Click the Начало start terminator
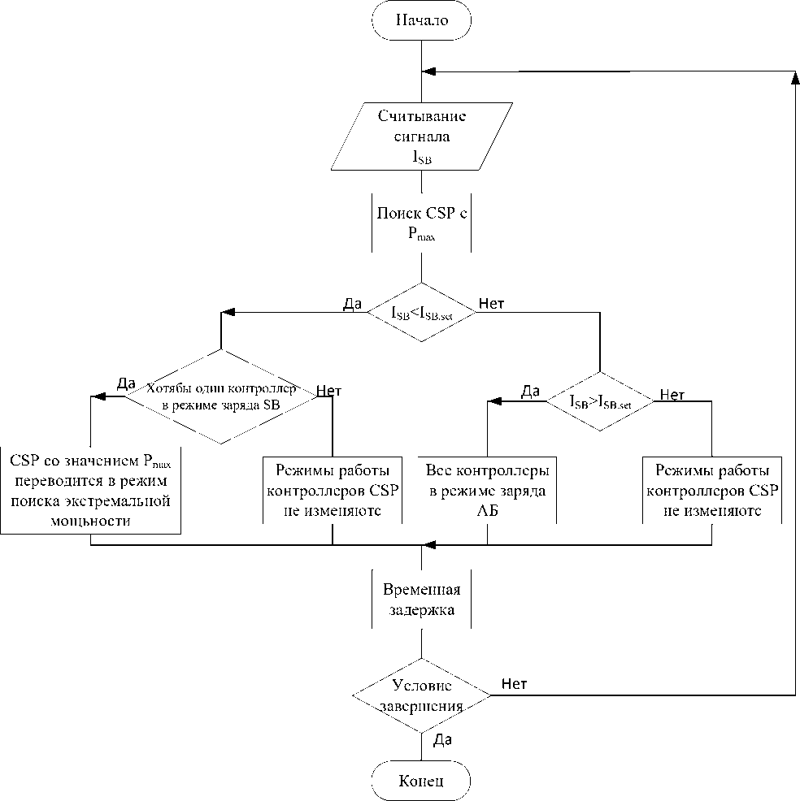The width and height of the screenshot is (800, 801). click(421, 21)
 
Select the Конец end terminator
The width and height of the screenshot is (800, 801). click(421, 781)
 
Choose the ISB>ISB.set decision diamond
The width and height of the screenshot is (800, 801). click(599, 400)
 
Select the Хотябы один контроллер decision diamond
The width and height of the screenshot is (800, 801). click(220, 396)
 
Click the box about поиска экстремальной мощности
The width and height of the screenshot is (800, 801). click(90, 491)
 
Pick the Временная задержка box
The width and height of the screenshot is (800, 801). click(421, 600)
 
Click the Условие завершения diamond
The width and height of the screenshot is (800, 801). click(421, 695)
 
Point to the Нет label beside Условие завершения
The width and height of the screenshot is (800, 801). click(514, 684)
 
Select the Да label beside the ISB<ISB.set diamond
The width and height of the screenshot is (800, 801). click(353, 304)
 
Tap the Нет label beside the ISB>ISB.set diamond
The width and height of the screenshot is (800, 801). click(672, 395)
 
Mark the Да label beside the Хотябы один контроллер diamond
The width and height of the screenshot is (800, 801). click(126, 383)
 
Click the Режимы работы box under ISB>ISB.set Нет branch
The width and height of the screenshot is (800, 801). click(711, 491)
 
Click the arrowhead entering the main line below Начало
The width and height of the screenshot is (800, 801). click(431, 71)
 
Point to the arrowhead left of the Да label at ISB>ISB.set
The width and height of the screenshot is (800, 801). click(493, 400)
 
